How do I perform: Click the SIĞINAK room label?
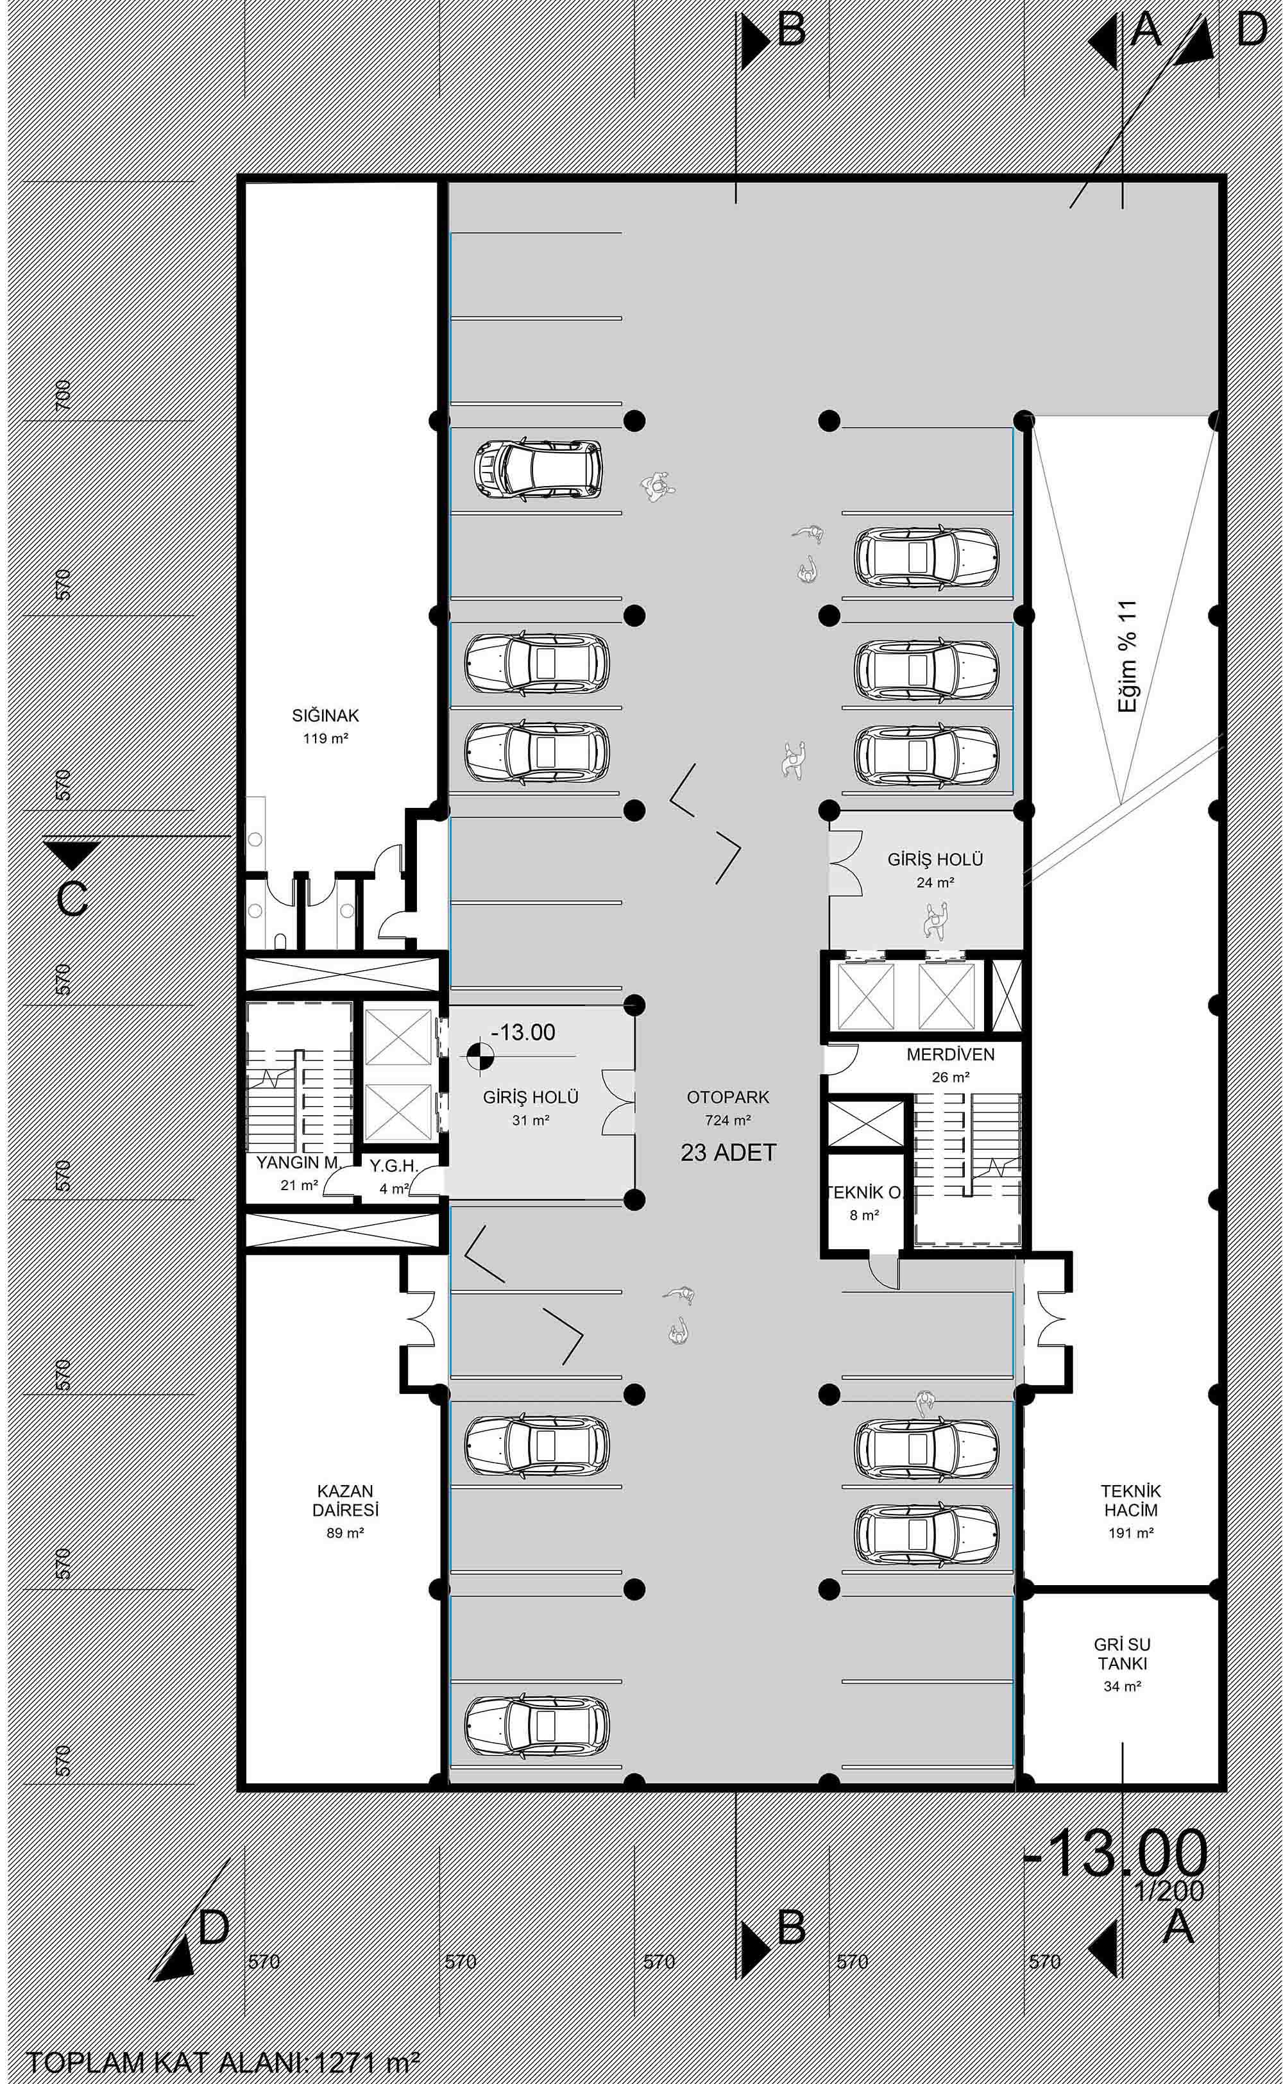point(326,715)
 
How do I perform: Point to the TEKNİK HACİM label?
point(1130,1500)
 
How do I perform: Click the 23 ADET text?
point(729,1154)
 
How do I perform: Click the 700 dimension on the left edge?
point(63,395)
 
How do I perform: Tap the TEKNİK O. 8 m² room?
point(864,1203)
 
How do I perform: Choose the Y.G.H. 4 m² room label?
point(394,1177)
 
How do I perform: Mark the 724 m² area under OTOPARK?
point(728,1120)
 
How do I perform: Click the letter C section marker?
point(73,899)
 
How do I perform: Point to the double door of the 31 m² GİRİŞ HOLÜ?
point(618,1102)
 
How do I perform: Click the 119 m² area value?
point(326,738)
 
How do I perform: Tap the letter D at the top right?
point(1252,31)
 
